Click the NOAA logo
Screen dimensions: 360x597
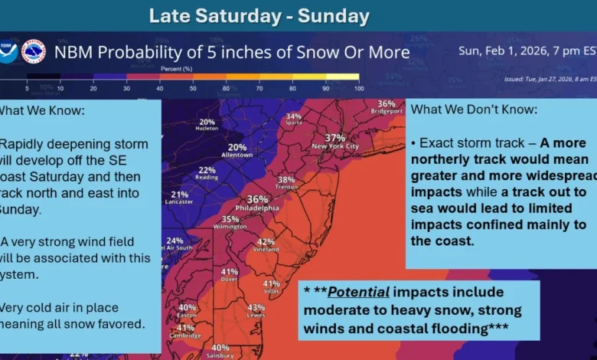8,51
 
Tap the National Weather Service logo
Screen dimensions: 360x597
33,51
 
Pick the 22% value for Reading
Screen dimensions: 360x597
207,170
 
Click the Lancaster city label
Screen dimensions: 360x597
180,203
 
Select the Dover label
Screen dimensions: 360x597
230,280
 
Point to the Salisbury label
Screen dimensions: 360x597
220,355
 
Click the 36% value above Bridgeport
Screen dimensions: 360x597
387,103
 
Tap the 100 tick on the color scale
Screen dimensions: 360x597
358,89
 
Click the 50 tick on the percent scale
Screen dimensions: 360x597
193,89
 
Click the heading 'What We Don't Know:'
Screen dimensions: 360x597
474,110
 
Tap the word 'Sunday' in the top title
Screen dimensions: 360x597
334,15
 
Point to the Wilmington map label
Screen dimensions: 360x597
230,227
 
